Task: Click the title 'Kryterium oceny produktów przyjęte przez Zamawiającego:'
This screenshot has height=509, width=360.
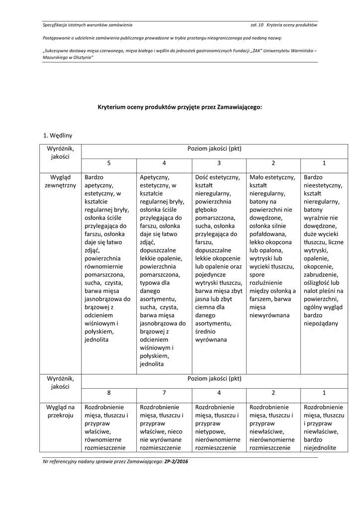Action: click(180, 106)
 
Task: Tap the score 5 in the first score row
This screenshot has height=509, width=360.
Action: click(109, 163)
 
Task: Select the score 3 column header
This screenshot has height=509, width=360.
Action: click(219, 163)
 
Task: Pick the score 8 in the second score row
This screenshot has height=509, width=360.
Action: click(109, 392)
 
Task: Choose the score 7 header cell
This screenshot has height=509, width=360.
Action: click(164, 392)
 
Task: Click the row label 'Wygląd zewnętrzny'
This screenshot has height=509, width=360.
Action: click(60, 181)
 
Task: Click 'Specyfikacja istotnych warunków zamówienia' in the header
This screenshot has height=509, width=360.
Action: click(88, 24)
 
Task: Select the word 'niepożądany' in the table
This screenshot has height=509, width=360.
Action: click(321, 323)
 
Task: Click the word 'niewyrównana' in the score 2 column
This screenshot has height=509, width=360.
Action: click(269, 315)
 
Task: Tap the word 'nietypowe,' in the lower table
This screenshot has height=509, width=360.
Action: click(210, 431)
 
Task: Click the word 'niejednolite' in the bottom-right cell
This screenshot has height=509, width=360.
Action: click(319, 447)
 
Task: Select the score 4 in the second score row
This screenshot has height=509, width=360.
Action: click(219, 392)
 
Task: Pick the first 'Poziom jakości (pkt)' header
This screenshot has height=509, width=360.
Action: click(214, 149)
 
